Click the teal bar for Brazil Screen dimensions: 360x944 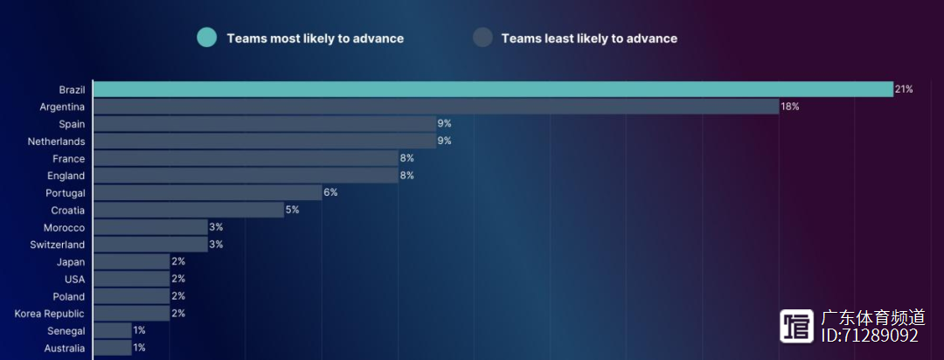pyautogui.click(x=493, y=89)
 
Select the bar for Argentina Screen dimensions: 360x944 pyautogui.click(x=435, y=107)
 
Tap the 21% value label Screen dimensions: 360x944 pyautogui.click(x=904, y=89)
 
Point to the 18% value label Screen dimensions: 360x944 pyautogui.click(x=790, y=107)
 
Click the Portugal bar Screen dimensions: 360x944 pyautogui.click(x=207, y=192)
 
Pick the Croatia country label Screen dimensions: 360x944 pyautogui.click(x=67, y=211)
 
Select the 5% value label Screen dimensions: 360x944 pyautogui.click(x=292, y=210)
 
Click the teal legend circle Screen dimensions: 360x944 pyautogui.click(x=206, y=38)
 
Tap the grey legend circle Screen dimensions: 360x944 pyautogui.click(x=482, y=38)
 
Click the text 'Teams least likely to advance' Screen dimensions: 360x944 pyautogui.click(x=589, y=38)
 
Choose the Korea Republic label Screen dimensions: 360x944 pyautogui.click(x=50, y=314)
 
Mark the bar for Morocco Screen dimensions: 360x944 pyautogui.click(x=150, y=227)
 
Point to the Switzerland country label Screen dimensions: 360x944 pyautogui.click(x=58, y=245)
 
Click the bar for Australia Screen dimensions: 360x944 pyautogui.click(x=112, y=348)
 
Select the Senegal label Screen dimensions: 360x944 pyautogui.click(x=66, y=331)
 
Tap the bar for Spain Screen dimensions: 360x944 pyautogui.click(x=264, y=124)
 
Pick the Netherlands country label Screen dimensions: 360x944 pyautogui.click(x=56, y=142)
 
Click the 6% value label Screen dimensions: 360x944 pyautogui.click(x=330, y=192)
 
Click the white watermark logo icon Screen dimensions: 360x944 pyautogui.click(x=797, y=326)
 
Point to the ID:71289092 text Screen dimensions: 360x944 pyautogui.click(x=870, y=336)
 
